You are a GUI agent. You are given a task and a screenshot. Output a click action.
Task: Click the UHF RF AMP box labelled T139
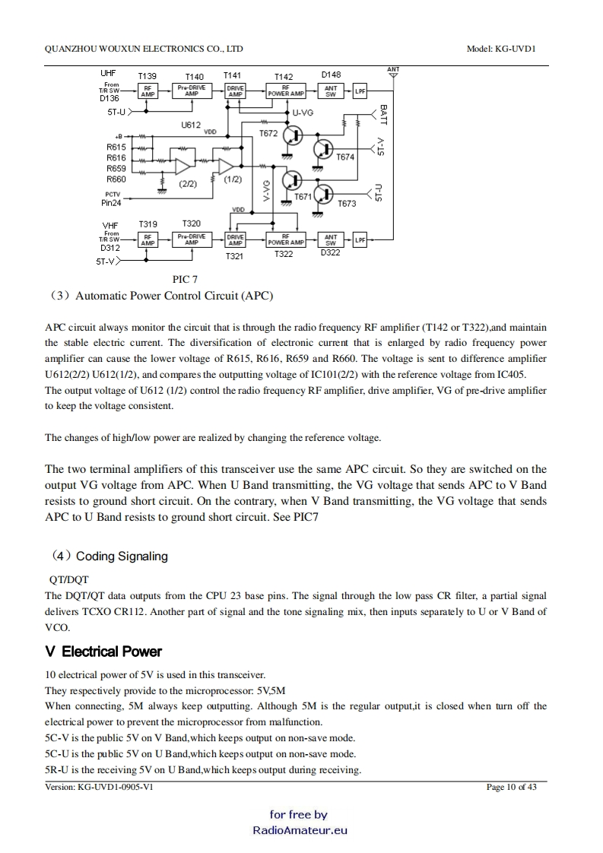pos(148,91)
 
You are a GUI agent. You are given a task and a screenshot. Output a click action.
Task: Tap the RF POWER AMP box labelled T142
pos(285,91)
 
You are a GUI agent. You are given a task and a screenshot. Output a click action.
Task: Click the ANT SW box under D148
pos(331,91)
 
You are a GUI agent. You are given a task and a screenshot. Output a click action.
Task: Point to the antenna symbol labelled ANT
pos(393,76)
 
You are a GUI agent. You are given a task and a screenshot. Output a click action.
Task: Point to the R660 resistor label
pos(116,179)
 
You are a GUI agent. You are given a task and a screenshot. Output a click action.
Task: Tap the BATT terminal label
pos(383,116)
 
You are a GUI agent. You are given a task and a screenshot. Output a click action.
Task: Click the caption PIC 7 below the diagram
pos(186,280)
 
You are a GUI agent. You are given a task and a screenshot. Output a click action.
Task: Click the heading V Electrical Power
pos(103,652)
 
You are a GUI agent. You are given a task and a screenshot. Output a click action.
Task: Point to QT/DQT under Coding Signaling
pos(69,579)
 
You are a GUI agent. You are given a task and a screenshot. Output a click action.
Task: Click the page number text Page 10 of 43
pos(511,787)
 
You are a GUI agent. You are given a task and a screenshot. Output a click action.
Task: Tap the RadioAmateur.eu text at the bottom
pos(300,829)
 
